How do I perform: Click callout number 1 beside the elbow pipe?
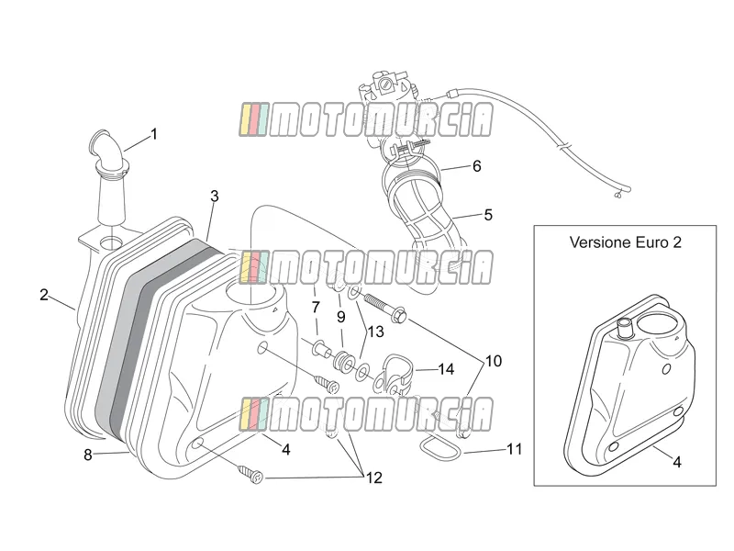pos(153,134)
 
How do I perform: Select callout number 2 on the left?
pos(44,295)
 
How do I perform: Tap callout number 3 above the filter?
pos(215,197)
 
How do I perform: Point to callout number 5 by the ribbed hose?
pos(488,215)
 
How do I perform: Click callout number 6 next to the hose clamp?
pos(476,166)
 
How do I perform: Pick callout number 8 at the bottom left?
pos(88,455)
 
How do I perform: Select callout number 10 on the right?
pos(494,361)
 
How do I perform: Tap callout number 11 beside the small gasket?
pos(515,449)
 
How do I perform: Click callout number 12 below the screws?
pos(374,478)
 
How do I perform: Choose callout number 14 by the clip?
pos(446,369)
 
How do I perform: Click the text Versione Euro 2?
pos(626,242)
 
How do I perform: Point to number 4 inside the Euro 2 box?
pos(677,462)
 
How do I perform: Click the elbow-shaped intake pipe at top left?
pos(109,152)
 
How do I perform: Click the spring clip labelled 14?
pos(393,371)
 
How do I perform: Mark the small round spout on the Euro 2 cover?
pos(625,328)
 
